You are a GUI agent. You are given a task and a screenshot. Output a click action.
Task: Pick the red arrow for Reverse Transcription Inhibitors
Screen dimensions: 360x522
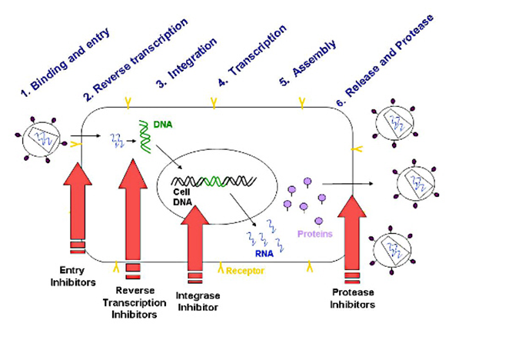click(132, 208)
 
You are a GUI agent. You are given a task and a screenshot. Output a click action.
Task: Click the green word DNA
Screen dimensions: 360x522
click(161, 123)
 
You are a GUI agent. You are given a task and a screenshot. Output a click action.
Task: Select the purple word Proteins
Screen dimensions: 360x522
click(315, 233)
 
